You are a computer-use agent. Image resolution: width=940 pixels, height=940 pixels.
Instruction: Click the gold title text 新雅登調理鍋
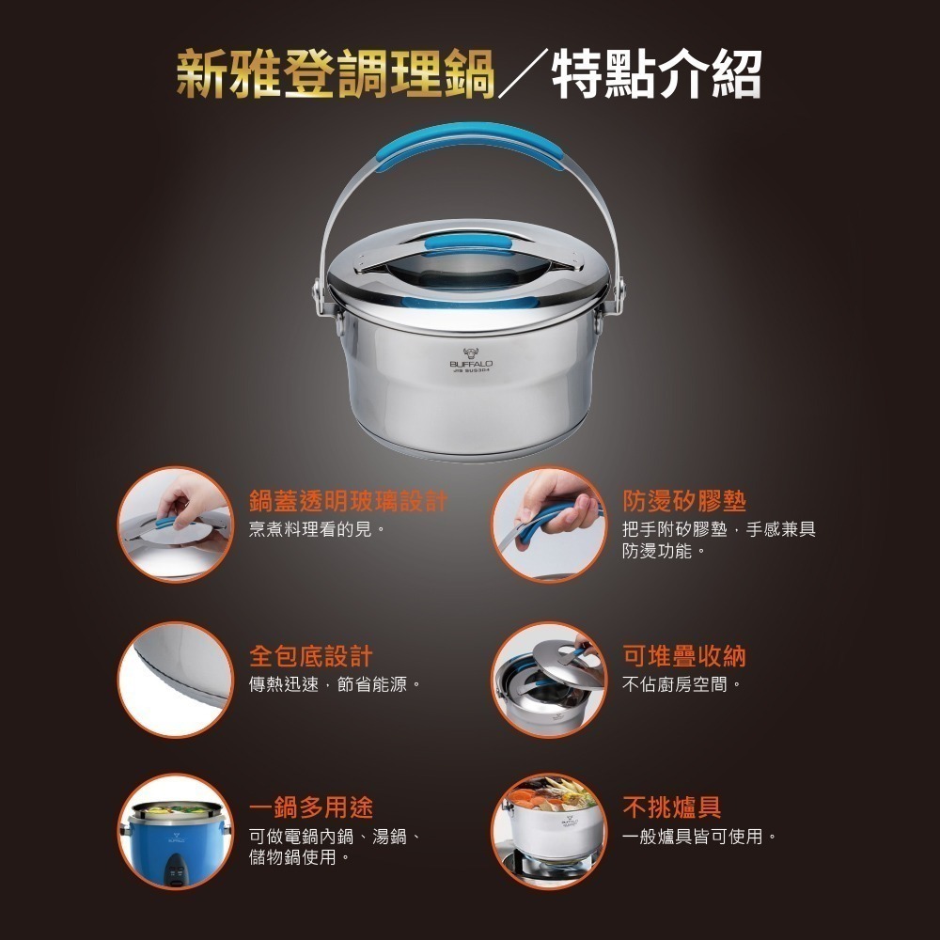coord(336,73)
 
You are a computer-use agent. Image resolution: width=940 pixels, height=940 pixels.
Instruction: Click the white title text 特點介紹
coord(656,73)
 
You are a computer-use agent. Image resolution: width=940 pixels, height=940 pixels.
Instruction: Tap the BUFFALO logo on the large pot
coord(471,360)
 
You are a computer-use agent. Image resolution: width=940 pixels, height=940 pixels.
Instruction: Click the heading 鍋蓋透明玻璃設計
coord(349,501)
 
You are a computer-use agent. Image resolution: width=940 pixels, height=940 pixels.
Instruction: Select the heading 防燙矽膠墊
coord(684,501)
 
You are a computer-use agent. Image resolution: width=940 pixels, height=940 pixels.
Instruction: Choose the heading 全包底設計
coord(310,656)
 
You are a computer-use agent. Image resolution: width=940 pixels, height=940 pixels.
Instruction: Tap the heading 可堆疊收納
coord(684,656)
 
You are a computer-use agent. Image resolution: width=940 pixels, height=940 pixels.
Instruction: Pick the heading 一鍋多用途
coord(310,807)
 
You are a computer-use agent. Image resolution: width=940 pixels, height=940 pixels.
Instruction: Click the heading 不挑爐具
coord(671,807)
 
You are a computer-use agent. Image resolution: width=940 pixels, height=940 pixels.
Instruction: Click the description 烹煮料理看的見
coord(317,529)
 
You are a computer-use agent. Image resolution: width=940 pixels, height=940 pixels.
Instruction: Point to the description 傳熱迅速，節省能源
coord(335,684)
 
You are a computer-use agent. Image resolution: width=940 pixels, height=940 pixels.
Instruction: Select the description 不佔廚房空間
coord(681,684)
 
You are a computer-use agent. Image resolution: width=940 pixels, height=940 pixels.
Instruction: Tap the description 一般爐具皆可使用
coord(699,837)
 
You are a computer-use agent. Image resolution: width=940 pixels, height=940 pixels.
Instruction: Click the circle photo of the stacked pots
coord(549,680)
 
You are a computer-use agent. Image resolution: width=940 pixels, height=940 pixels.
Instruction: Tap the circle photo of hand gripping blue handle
coord(549,525)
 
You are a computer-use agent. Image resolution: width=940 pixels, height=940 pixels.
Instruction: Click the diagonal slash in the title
coord(523,73)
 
